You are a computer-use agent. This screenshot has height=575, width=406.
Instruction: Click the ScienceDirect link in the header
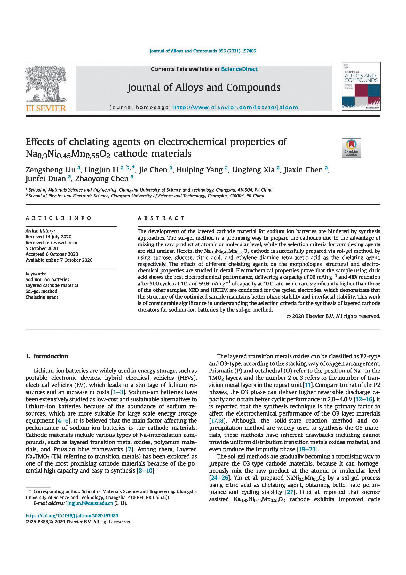239,69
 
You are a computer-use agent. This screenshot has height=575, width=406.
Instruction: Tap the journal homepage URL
235,108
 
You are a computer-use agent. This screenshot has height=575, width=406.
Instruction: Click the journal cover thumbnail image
361,86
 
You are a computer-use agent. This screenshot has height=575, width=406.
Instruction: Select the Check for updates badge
351,148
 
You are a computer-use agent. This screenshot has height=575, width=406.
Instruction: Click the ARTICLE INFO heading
59,218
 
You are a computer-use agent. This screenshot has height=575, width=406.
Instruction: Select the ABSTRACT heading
161,218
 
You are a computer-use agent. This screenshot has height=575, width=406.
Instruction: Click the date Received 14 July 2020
48,237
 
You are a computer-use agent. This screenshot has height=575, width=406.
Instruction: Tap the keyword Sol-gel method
41,291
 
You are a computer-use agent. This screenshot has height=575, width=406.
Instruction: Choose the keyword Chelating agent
42,297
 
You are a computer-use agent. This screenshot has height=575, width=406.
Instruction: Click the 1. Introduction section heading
47,356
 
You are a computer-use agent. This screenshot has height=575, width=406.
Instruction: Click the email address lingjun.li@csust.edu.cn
89,503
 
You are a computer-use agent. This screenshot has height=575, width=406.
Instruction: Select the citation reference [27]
289,492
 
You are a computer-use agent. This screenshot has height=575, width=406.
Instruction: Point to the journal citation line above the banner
203,51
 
